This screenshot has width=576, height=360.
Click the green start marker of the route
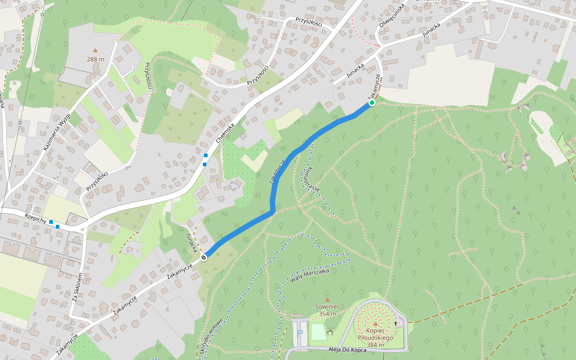pos(371,103)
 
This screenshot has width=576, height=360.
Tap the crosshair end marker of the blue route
pos(203,257)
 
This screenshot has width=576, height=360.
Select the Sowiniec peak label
pos(327,310)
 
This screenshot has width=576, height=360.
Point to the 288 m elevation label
pos(95,59)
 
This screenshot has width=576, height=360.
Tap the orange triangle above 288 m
pos(95,50)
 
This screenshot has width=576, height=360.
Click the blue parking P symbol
pos(300,332)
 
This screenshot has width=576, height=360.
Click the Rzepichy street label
pos(36,220)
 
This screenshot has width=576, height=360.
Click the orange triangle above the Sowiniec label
pos(327,299)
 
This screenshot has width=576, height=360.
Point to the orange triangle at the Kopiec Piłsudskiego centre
pos(376,323)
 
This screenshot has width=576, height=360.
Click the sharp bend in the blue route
pos(273,211)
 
